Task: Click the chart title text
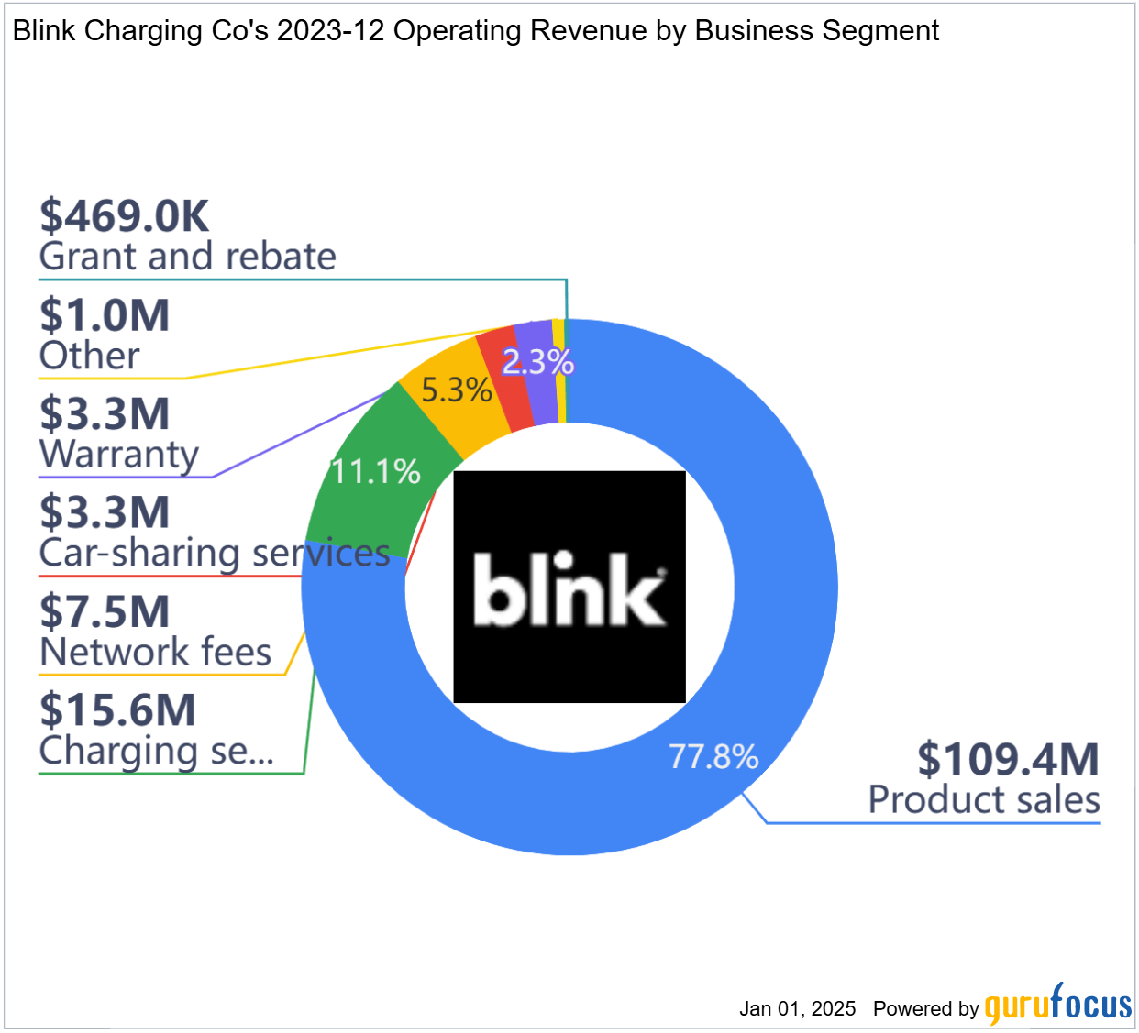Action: [475, 31]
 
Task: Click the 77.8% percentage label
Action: [713, 757]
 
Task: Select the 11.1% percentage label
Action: [375, 472]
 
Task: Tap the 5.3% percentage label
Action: [456, 390]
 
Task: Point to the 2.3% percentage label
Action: [537, 363]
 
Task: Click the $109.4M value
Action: [1008, 759]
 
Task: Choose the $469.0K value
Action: [125, 216]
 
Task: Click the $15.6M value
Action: [117, 710]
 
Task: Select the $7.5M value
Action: [105, 611]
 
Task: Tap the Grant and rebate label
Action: [187, 257]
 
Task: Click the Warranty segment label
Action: [118, 455]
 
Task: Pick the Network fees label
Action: [155, 653]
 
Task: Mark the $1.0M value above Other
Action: [105, 315]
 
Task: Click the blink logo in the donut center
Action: [569, 587]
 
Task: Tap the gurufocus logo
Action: [1058, 1005]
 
